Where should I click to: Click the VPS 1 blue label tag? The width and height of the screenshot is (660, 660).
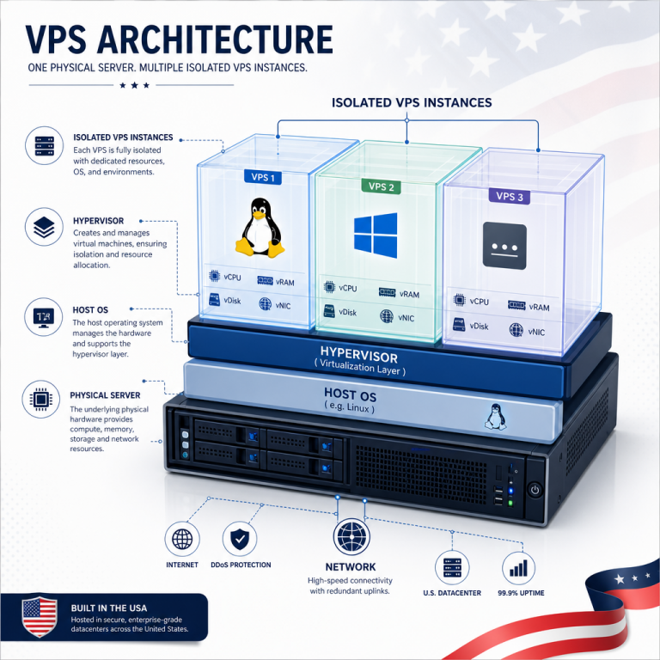(263, 177)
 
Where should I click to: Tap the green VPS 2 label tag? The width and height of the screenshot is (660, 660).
(381, 186)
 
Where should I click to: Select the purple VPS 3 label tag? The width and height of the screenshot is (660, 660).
(510, 196)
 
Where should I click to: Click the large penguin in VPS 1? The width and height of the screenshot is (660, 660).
(260, 227)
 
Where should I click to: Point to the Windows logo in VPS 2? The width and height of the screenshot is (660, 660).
(376, 235)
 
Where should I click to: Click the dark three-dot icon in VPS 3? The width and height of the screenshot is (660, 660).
(504, 246)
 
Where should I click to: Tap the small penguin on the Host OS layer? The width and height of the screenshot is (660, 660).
(495, 417)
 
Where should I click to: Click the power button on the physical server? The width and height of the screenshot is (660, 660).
(535, 490)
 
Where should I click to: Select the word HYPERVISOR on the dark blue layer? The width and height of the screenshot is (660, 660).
(358, 354)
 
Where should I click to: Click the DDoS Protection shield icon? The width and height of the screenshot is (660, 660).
(240, 538)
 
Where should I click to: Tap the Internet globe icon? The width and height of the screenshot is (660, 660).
(182, 538)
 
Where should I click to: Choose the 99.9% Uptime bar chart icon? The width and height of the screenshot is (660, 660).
(518, 568)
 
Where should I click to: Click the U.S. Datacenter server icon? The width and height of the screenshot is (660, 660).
(452, 567)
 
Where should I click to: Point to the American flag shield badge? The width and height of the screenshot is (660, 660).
(40, 617)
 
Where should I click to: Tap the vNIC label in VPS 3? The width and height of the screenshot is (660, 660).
(536, 332)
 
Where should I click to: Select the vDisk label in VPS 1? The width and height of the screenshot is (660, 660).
(232, 301)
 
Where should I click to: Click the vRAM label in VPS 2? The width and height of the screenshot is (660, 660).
(409, 294)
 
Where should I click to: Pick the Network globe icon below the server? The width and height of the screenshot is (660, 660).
(351, 536)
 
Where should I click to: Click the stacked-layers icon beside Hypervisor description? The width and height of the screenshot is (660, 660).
(44, 227)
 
